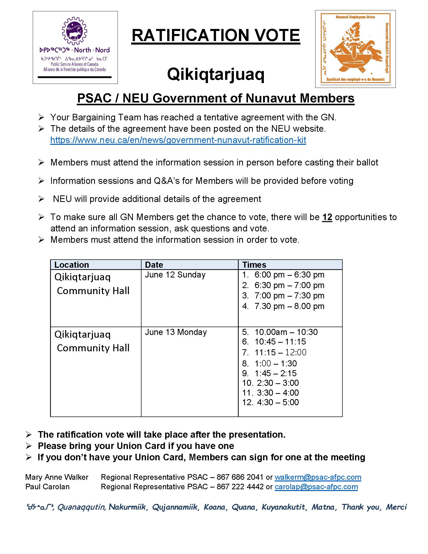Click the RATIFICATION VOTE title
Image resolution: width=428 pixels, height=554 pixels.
[x=216, y=36]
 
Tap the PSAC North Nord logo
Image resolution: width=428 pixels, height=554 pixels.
[x=75, y=47]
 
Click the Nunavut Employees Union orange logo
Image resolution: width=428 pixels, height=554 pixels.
[x=355, y=49]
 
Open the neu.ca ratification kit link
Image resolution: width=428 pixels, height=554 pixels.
[x=178, y=140]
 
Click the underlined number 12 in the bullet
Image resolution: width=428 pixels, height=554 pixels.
[x=327, y=217]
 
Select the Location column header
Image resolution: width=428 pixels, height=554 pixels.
[x=72, y=265]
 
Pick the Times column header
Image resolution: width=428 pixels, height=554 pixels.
[x=254, y=265]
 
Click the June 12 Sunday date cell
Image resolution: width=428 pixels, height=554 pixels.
[x=175, y=275]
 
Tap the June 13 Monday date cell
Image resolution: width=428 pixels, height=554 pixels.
[x=176, y=332]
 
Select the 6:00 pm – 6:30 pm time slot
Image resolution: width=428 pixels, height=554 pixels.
[x=289, y=275]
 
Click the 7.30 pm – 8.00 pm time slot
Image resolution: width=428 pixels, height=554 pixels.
[x=289, y=306]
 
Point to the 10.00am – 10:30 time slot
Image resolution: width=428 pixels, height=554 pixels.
[x=286, y=332]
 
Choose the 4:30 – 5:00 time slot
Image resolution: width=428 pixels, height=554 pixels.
[x=278, y=402]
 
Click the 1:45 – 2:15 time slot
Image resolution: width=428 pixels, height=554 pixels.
[x=276, y=373]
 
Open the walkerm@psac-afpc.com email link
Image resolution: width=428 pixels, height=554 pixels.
[x=318, y=477]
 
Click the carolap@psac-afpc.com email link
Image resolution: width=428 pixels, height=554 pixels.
[x=316, y=487]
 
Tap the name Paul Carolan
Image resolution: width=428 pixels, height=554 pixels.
[x=47, y=487]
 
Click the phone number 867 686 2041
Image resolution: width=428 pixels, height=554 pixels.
[x=240, y=477]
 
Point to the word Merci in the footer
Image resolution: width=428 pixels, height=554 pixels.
[x=396, y=507]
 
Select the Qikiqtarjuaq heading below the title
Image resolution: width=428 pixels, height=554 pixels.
[x=216, y=74]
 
